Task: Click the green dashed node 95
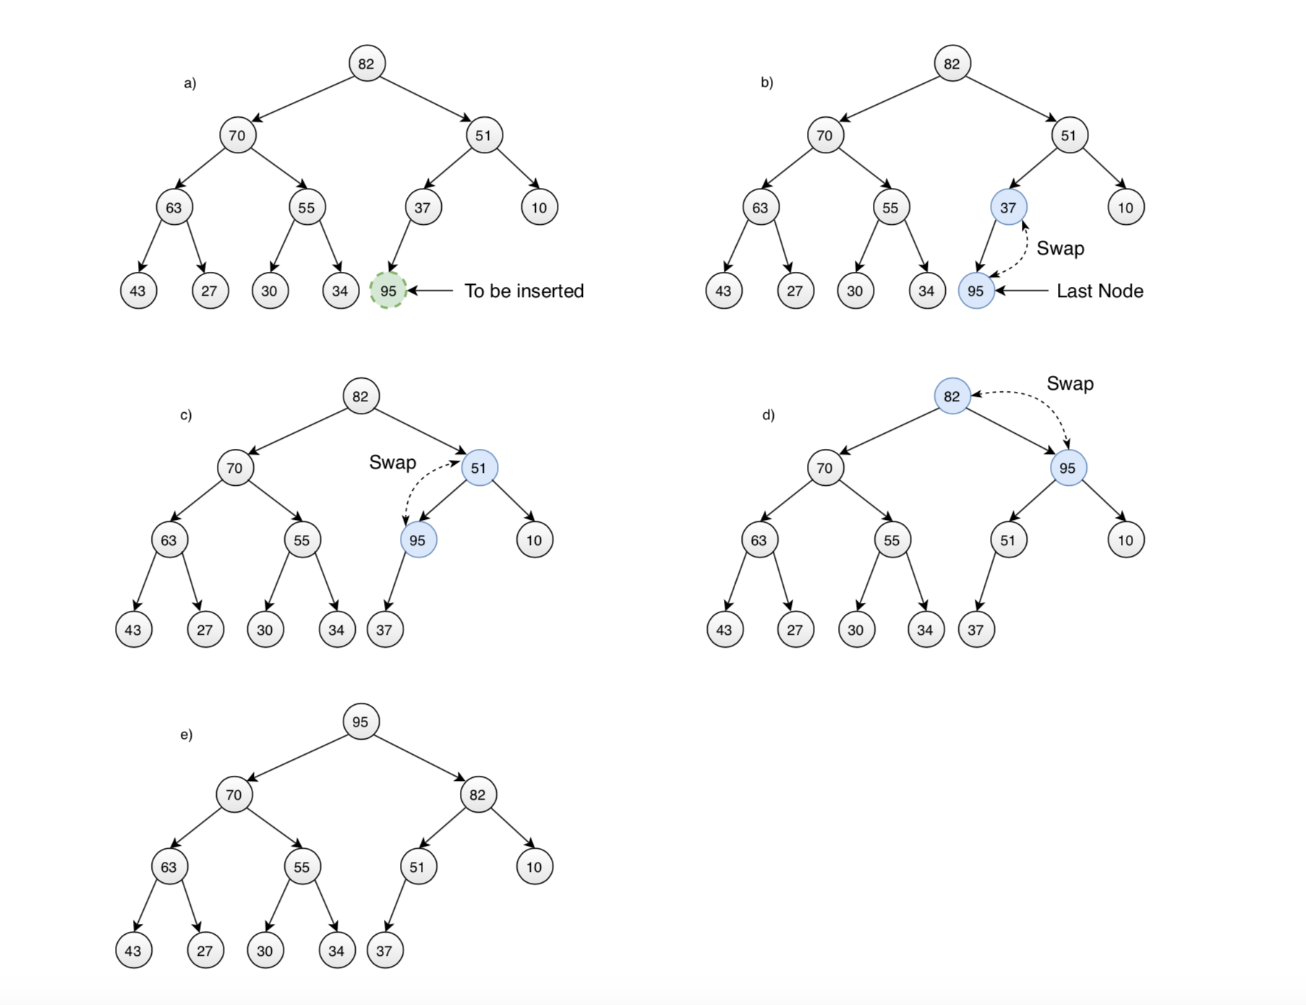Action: [388, 291]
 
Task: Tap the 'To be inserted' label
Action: [524, 291]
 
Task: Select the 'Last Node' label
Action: [1099, 291]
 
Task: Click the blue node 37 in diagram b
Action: [1008, 208]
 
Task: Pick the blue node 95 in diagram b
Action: [976, 291]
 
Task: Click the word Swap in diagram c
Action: [393, 462]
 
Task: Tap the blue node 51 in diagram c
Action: [479, 468]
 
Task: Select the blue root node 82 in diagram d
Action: [952, 396]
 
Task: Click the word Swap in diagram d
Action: [1070, 383]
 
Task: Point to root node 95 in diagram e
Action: [360, 722]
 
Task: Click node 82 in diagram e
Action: [477, 795]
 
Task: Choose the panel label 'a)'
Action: [189, 83]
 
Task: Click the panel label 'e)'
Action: [186, 735]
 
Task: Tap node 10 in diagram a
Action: [539, 208]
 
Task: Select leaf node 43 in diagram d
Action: [724, 630]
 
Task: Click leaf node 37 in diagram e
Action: [384, 951]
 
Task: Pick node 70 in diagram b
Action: [824, 135]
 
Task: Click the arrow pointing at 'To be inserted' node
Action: [431, 291]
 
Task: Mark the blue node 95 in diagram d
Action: [1067, 468]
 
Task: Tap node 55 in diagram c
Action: [302, 540]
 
